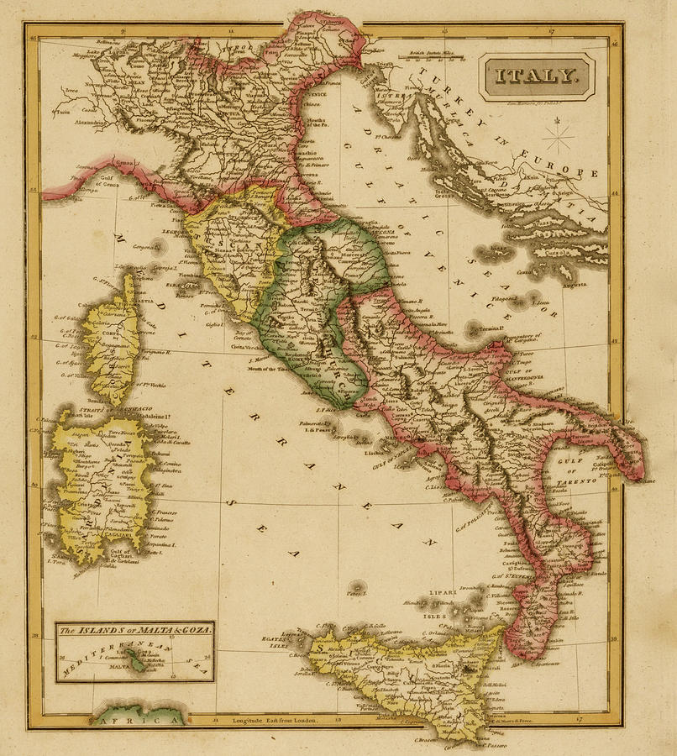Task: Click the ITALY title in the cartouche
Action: click(537, 76)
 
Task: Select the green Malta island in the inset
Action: click(134, 664)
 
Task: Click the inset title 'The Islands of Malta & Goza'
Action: click(134, 629)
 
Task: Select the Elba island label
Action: click(175, 286)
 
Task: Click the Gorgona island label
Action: click(145, 247)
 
